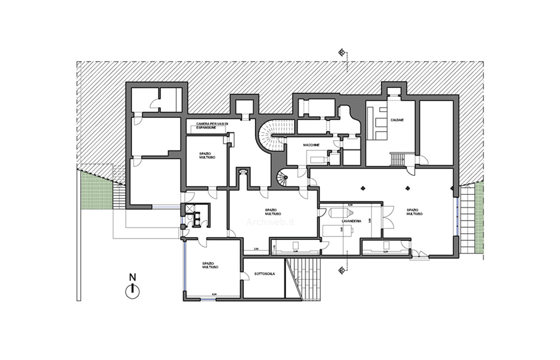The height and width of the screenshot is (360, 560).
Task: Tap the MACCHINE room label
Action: click(310, 145)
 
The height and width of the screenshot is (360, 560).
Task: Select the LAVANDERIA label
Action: click(352, 222)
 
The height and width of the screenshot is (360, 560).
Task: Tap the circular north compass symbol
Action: click(133, 289)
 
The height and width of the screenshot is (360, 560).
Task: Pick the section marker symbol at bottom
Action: click(341, 269)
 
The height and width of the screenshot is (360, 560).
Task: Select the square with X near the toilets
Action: click(189, 209)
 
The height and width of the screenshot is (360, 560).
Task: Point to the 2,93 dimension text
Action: click(256, 249)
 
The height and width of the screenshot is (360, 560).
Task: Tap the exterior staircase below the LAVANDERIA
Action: click(305, 278)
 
